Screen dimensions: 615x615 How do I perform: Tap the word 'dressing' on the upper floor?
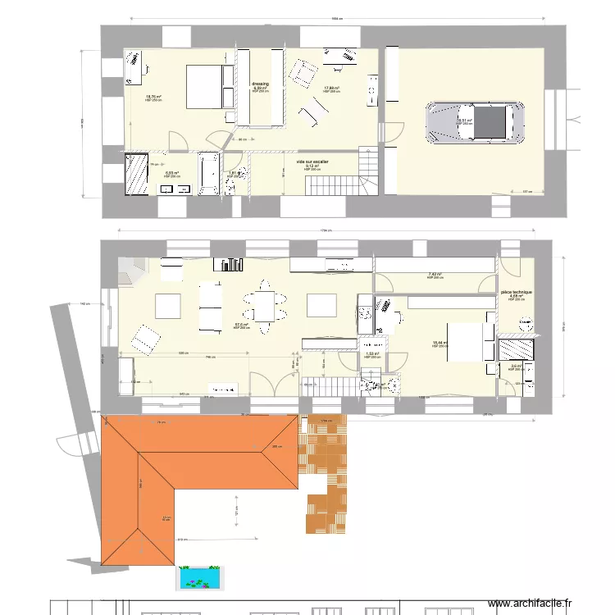[260, 84]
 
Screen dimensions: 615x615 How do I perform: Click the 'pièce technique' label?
[517, 292]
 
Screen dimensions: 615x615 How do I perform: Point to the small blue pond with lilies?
[200, 576]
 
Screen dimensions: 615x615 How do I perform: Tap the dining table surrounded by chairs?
[265, 306]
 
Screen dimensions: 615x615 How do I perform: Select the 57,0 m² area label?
[241, 325]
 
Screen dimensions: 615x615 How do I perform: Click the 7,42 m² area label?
[435, 275]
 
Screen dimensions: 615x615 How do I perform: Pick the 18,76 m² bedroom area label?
[153, 97]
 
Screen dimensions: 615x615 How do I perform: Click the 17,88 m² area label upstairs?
[331, 88]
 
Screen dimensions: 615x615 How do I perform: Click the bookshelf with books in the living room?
[230, 264]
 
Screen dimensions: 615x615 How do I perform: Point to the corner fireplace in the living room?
[128, 271]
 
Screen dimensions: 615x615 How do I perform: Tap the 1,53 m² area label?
[371, 353]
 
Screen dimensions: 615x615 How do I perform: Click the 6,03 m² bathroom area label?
[171, 173]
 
